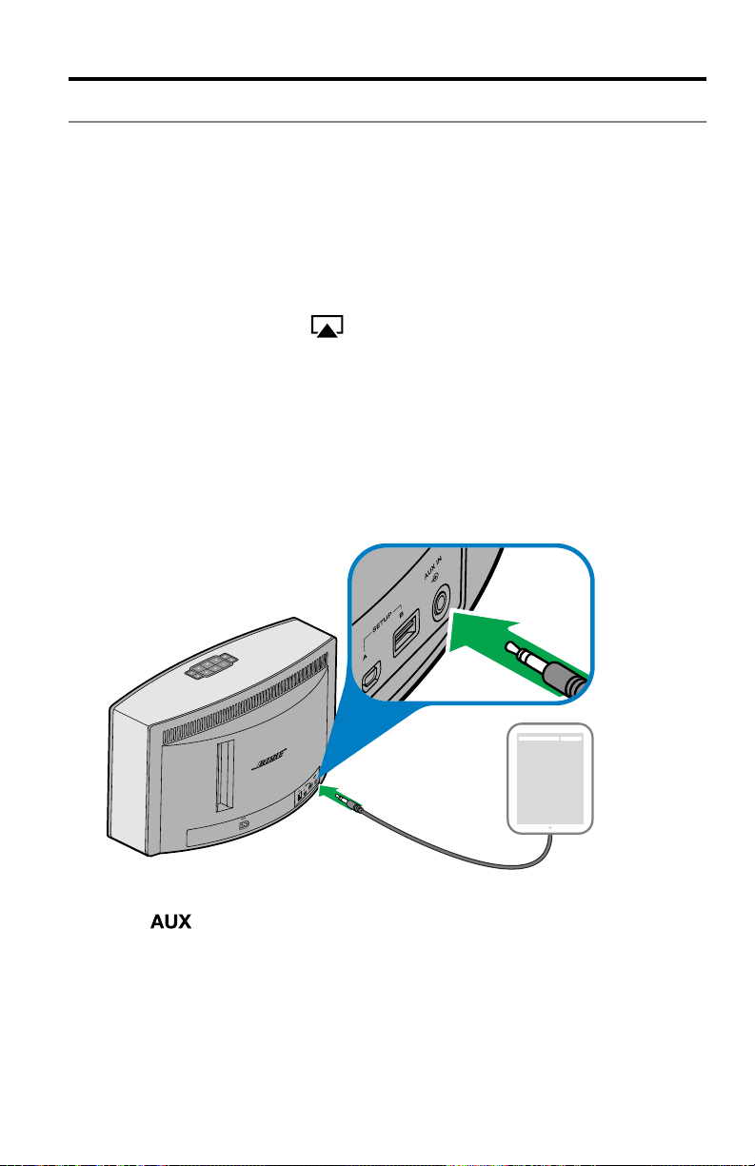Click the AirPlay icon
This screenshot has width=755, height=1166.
point(327,326)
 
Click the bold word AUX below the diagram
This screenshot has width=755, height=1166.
point(170,921)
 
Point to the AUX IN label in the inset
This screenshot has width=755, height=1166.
point(433,567)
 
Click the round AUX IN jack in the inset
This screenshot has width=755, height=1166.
point(441,602)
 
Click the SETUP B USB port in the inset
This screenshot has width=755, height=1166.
point(407,632)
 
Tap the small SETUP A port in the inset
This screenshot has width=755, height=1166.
point(371,676)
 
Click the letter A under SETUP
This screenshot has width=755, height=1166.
point(365,657)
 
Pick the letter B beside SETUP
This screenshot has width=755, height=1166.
point(402,614)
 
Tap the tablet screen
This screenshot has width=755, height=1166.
point(550,779)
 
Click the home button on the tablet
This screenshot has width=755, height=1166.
point(550,828)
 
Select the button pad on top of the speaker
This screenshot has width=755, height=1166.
point(210,665)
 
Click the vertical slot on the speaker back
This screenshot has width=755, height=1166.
point(225,776)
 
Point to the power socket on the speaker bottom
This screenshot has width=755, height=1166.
point(244,825)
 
